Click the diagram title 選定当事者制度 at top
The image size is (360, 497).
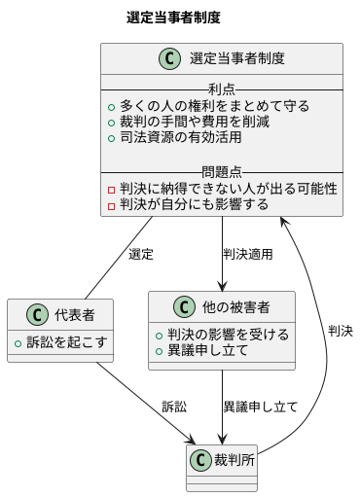coord(173,18)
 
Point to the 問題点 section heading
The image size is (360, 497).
coord(221,172)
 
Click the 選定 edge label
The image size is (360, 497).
coord(141,255)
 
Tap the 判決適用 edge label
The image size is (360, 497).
coord(247,255)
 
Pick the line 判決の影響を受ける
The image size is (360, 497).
coord(229,334)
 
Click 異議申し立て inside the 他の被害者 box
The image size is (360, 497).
coord(215,350)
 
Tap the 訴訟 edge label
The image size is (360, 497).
coord(174,406)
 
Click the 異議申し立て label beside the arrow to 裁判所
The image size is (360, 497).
coord(260,406)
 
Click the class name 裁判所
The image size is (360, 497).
coord(233,460)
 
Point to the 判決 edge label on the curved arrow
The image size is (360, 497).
coord(341,331)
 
